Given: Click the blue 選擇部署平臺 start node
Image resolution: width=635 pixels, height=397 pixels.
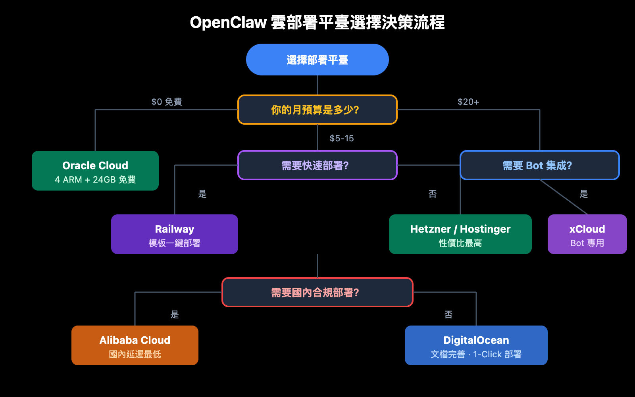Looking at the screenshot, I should [x=317, y=60].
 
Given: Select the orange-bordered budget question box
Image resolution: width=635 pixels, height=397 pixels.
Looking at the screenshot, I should [x=317, y=110].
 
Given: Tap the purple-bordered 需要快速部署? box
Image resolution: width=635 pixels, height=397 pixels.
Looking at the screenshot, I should [x=317, y=165].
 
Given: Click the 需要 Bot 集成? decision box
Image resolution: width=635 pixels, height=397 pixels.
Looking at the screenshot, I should [x=539, y=165].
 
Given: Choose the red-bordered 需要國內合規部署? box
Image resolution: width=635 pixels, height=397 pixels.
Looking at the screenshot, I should [x=317, y=292].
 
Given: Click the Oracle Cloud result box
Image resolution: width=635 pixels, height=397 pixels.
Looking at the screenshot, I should [x=95, y=171].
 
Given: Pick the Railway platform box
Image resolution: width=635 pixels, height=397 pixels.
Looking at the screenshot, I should [x=175, y=234].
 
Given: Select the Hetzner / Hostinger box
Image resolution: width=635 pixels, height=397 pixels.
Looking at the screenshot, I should [x=460, y=234].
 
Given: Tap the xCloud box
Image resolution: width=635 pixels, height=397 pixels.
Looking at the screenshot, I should [x=587, y=234].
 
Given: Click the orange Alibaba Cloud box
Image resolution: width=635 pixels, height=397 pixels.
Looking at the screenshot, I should [x=135, y=345].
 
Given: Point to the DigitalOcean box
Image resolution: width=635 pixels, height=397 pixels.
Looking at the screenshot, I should [x=476, y=345].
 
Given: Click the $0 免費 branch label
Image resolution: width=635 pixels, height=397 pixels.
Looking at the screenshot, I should [x=167, y=102].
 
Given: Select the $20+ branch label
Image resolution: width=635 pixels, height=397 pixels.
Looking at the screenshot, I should [x=468, y=102].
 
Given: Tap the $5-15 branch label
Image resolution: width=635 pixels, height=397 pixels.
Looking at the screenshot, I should [x=341, y=138].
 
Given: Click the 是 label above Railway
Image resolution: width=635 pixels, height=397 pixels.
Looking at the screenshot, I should [x=202, y=194].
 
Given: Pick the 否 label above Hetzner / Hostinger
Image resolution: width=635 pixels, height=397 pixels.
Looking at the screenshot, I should [x=433, y=194].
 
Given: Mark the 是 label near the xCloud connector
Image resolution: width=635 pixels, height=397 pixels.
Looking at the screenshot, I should [x=584, y=194].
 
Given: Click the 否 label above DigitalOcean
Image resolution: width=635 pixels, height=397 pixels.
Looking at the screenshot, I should [x=448, y=314].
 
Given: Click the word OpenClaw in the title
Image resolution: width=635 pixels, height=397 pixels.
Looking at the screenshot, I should [x=228, y=22].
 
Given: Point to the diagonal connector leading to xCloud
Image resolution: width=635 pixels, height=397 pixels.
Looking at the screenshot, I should [x=564, y=197].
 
